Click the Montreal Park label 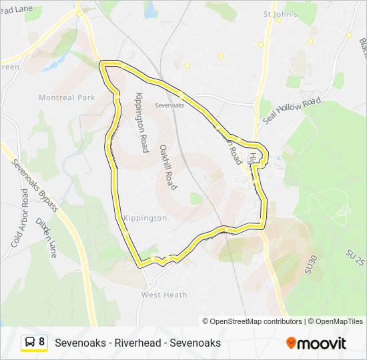click(x=67, y=97)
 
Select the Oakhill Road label click(x=167, y=167)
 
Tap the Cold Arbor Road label click(x=19, y=218)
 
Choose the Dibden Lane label click(x=47, y=237)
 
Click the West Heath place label click(x=164, y=295)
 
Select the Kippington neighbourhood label click(x=145, y=218)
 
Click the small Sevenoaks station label click(x=169, y=105)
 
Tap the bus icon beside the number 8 click(x=30, y=343)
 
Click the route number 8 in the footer click(x=42, y=343)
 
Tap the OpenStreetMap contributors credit click(x=256, y=321)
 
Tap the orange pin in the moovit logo click(x=291, y=343)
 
